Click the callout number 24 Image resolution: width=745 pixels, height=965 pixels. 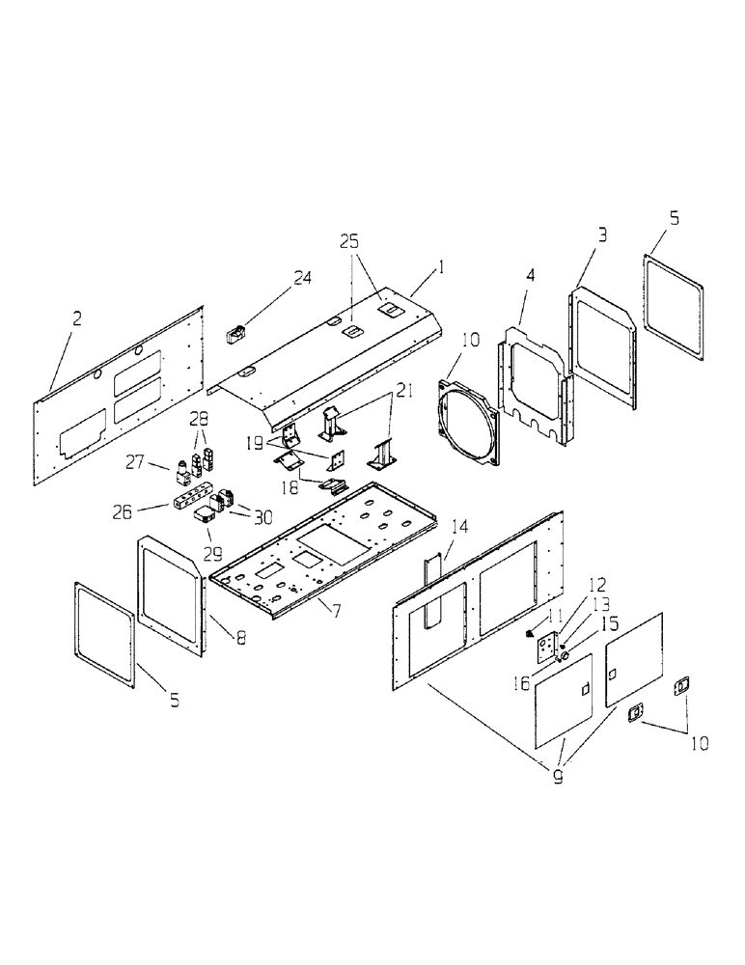[303, 279]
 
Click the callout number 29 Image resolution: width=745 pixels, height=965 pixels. [210, 555]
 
